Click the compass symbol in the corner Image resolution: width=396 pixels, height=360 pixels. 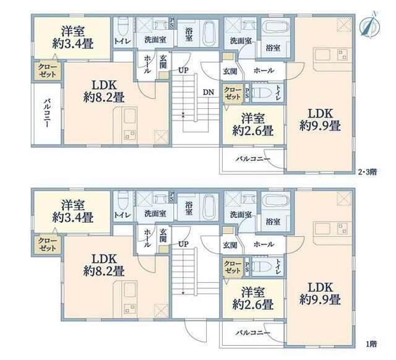click(x=369, y=25)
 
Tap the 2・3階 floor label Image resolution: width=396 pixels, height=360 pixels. click(x=368, y=172)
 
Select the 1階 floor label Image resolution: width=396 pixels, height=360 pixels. click(x=371, y=344)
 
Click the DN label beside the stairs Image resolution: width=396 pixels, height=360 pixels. click(x=208, y=92)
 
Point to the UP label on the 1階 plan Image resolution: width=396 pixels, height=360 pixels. click(x=183, y=244)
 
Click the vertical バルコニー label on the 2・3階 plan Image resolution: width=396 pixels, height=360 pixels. click(x=47, y=113)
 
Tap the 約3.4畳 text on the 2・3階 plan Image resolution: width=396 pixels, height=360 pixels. click(x=73, y=44)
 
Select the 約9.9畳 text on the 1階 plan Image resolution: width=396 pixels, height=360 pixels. click(x=320, y=299)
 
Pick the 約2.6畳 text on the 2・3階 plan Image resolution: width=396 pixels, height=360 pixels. click(x=253, y=131)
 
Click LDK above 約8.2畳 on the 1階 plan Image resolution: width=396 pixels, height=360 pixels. click(x=104, y=259)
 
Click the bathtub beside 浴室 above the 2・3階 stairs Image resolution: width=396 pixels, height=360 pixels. click(x=210, y=33)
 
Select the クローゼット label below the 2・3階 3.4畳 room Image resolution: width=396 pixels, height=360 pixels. click(x=47, y=71)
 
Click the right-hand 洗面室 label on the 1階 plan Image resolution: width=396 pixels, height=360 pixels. click(x=241, y=215)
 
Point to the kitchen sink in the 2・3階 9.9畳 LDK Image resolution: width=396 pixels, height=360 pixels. click(x=322, y=55)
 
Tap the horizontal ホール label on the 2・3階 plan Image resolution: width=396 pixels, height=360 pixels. click(x=264, y=70)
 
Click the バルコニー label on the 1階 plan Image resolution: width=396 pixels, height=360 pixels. click(x=253, y=333)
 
